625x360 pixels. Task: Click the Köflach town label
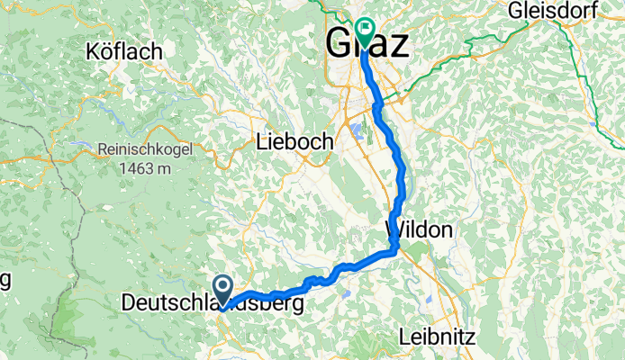(125, 51)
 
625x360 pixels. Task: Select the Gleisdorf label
(565, 12)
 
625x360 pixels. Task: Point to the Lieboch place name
(294, 141)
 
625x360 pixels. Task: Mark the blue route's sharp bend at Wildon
(394, 249)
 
